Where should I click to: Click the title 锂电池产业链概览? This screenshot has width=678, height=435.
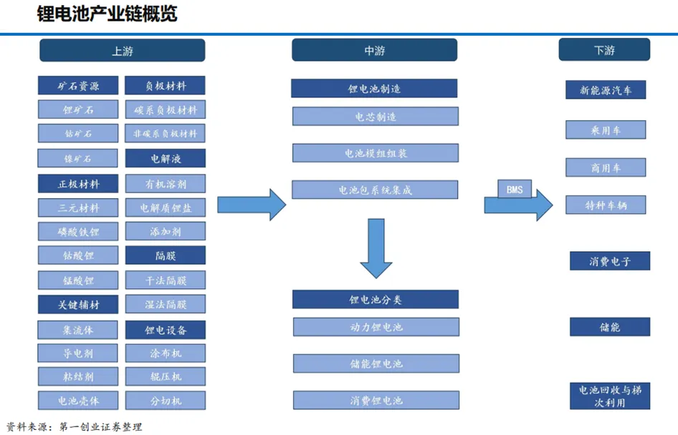tap(107, 14)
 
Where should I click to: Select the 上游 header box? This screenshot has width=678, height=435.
tap(122, 51)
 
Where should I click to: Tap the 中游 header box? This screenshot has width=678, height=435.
tap(374, 51)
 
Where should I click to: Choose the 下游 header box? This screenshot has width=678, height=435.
tap(604, 51)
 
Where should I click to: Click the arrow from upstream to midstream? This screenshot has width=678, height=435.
tap(251, 205)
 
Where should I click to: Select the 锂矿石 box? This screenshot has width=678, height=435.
tap(78, 110)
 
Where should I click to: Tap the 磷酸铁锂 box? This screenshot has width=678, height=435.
tap(78, 232)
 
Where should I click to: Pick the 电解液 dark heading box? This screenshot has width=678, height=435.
tap(165, 158)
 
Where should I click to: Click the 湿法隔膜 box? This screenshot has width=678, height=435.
tap(165, 304)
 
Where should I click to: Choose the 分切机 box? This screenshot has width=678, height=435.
tap(165, 400)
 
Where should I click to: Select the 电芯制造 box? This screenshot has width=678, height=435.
tap(375, 117)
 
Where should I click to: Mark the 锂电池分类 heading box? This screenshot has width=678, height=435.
tap(375, 300)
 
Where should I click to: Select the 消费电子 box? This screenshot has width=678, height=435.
tap(610, 261)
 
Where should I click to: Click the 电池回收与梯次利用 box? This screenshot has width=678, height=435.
tap(610, 396)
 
